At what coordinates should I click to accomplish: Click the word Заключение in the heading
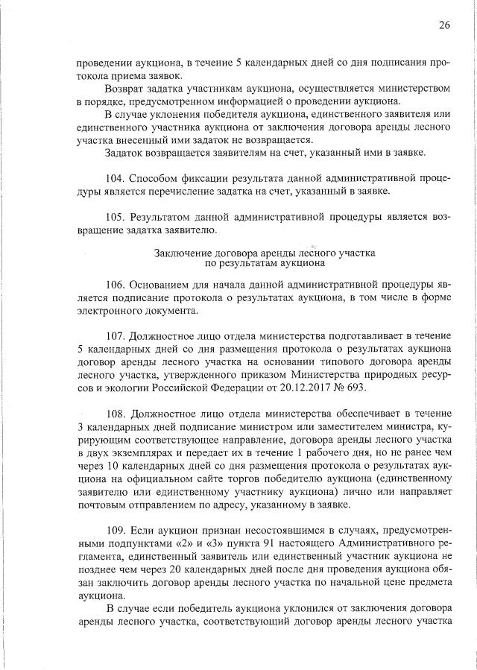pos(181,253)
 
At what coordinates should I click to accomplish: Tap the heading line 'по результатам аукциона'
pos(265,263)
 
